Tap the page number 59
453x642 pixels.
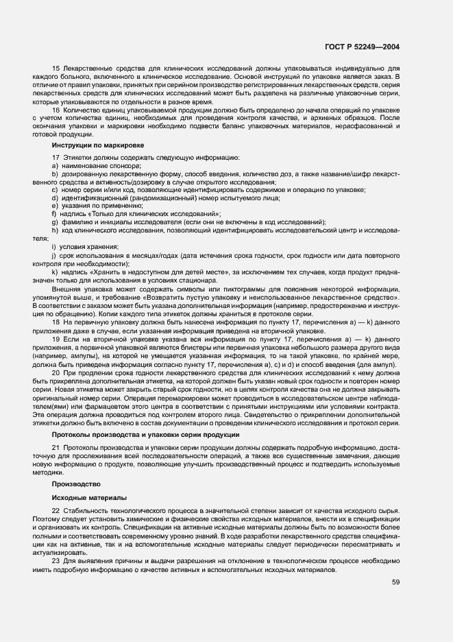click(396, 582)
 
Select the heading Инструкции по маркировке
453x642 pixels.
click(98, 145)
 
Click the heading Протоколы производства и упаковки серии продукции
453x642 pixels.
click(140, 436)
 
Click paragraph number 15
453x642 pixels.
click(56, 69)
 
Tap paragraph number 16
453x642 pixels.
click(56, 110)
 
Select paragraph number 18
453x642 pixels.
click(56, 321)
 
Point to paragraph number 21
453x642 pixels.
click(56, 448)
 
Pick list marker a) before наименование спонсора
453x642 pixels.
click(54, 167)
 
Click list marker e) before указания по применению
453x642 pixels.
click(54, 205)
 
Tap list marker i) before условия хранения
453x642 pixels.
click(53, 247)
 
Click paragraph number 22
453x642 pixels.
click(56, 512)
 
